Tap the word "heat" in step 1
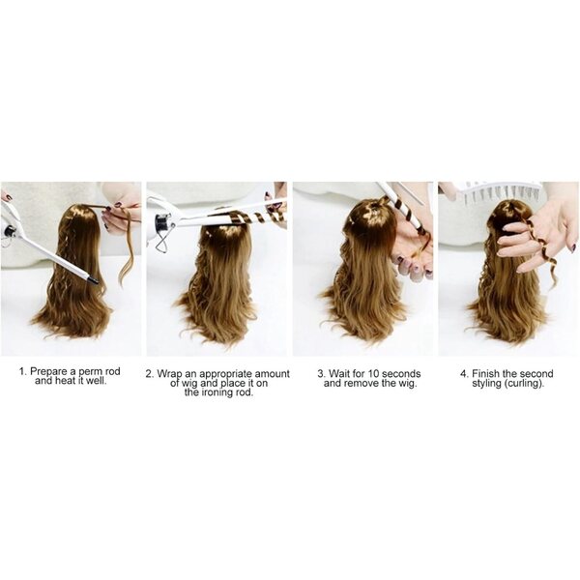point(65,381)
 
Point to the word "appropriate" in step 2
point(225,374)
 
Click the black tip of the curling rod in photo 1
point(93,280)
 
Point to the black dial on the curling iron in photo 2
point(161,222)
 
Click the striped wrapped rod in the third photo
point(407,216)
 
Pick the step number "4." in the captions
point(465,374)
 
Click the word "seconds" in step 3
point(402,373)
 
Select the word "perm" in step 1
point(89,372)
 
